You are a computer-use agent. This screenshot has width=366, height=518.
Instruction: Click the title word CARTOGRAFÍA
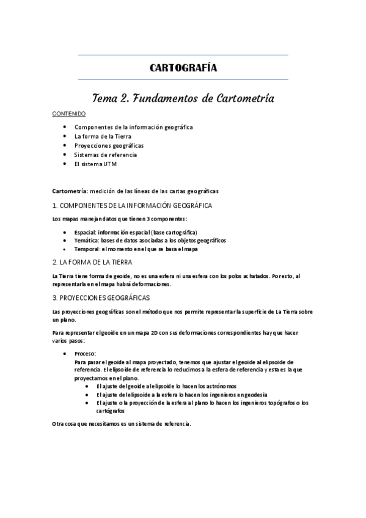pyautogui.click(x=183, y=68)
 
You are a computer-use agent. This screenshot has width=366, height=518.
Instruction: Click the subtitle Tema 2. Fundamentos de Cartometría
pyautogui.click(x=183, y=98)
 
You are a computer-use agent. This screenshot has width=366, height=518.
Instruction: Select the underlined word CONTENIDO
pyautogui.click(x=68, y=114)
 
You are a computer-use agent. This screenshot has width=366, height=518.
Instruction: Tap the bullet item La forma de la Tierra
pyautogui.click(x=102, y=136)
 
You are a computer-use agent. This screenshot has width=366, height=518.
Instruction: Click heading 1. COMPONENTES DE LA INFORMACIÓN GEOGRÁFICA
pyautogui.click(x=132, y=205)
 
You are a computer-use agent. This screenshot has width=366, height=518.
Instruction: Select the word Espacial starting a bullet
pyautogui.click(x=85, y=232)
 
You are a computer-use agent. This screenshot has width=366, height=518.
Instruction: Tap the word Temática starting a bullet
pyautogui.click(x=86, y=241)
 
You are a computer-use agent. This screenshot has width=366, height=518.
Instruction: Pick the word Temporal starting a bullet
pyautogui.click(x=87, y=249)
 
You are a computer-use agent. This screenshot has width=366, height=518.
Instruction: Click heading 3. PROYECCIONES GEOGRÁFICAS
pyautogui.click(x=101, y=297)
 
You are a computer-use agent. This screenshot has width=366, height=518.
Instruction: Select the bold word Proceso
pyautogui.click(x=85, y=354)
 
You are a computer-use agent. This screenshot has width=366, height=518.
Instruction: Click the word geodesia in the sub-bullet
pyautogui.click(x=255, y=395)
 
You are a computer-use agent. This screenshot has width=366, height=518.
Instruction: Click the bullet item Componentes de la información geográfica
pyautogui.click(x=133, y=127)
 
